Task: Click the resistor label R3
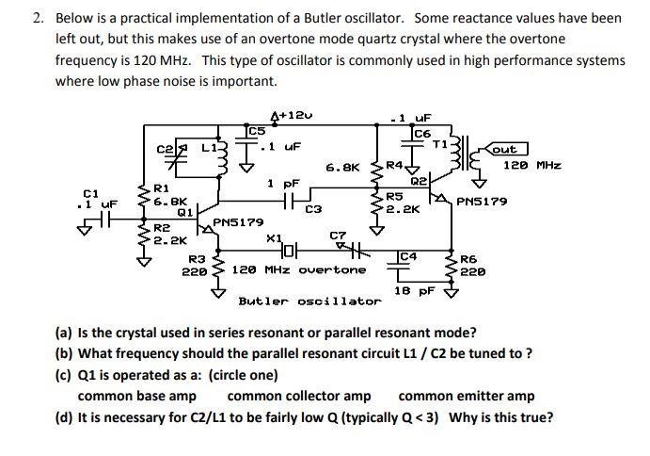tap(197, 258)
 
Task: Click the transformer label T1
tap(438, 144)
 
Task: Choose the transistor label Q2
tap(418, 179)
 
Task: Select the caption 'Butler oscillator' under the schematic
tap(309, 301)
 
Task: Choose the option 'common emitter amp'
tap(467, 397)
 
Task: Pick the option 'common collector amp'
tap(299, 397)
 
